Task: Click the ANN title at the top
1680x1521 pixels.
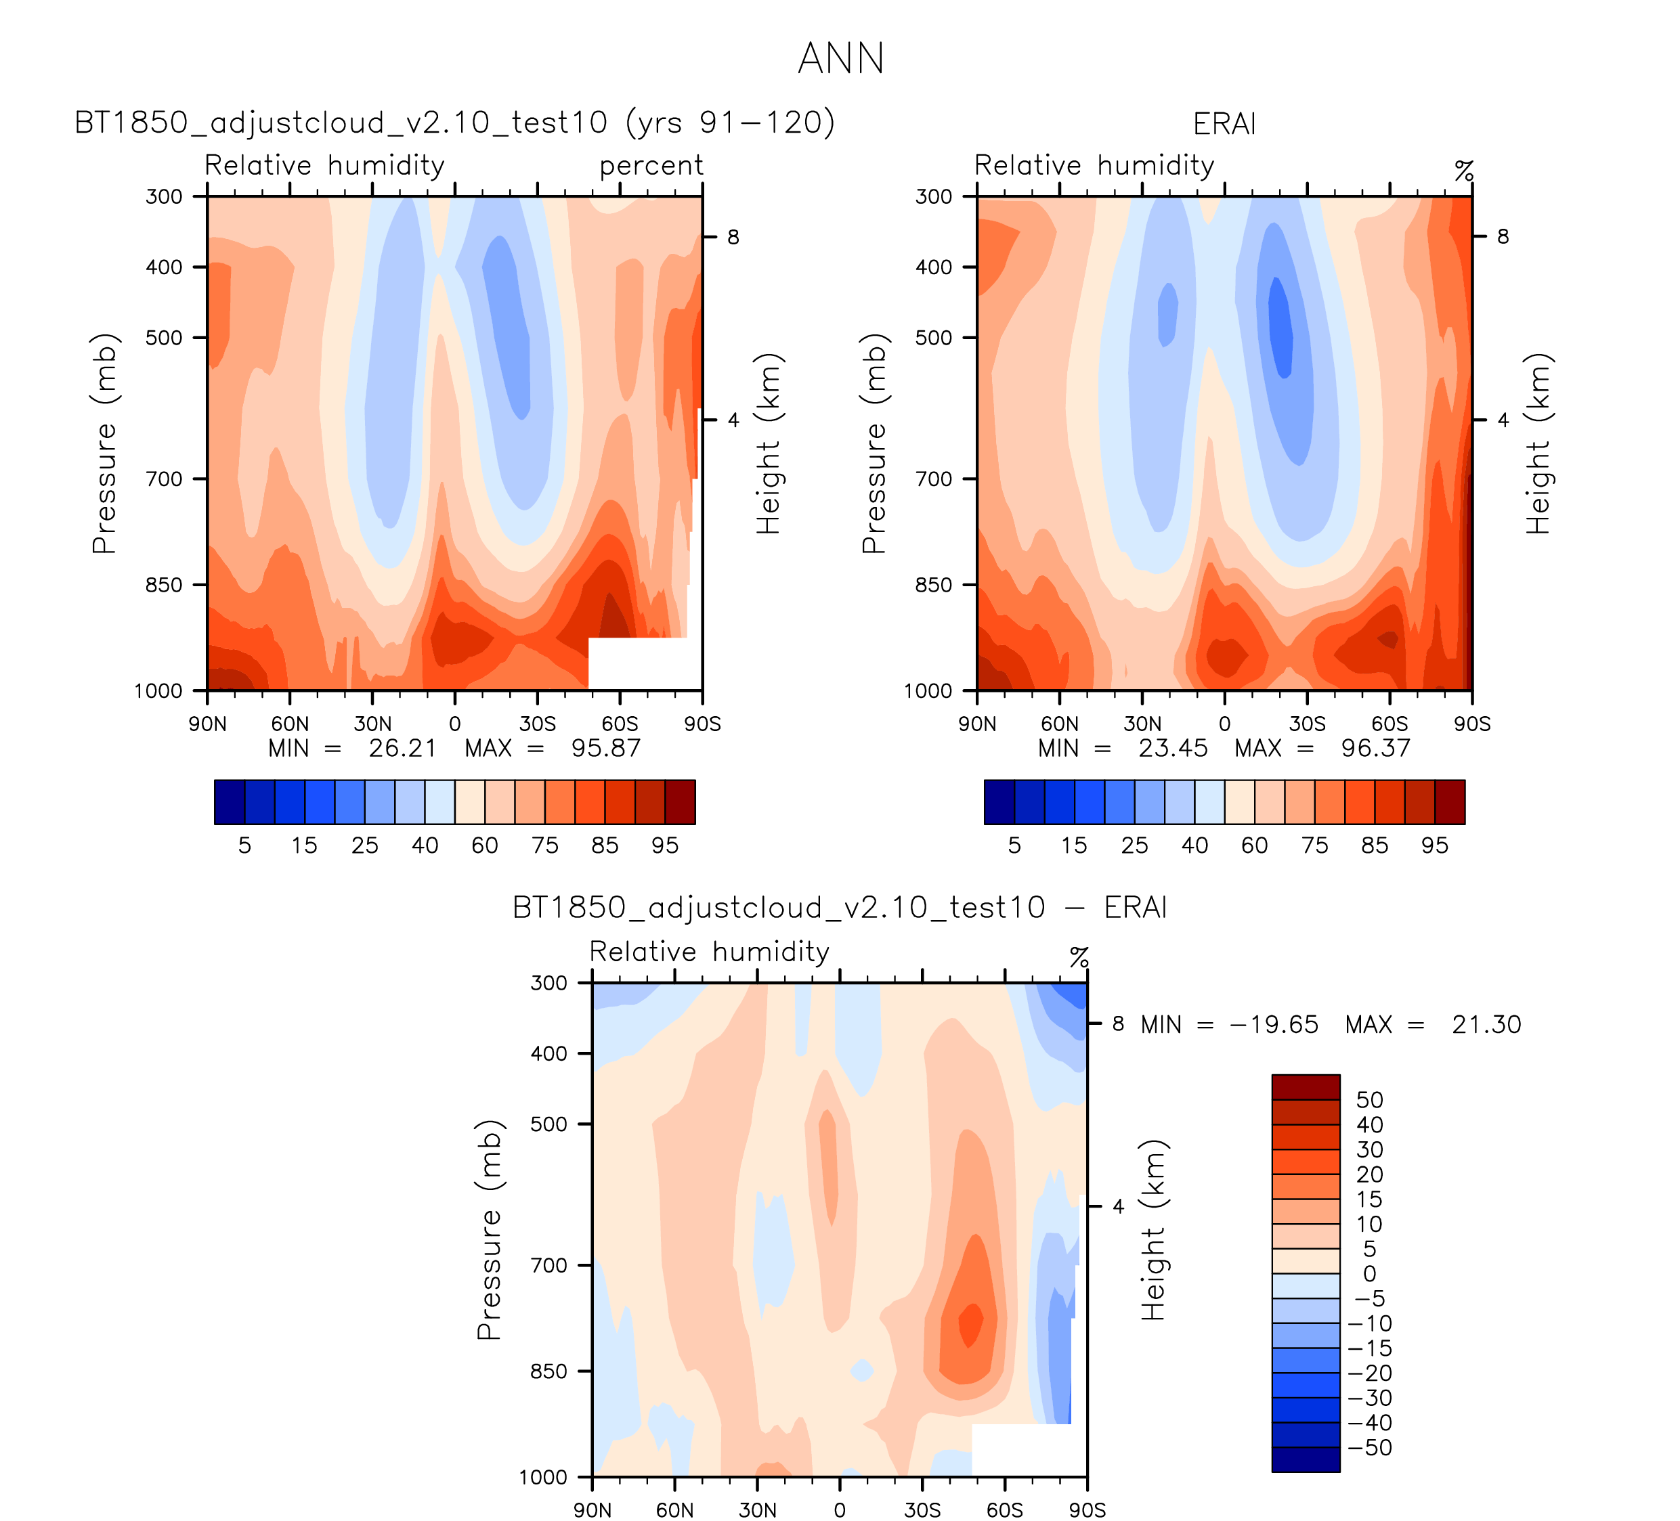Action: coord(840,59)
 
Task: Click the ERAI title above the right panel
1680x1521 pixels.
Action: coord(1224,124)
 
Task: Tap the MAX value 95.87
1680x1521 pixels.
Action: coord(606,748)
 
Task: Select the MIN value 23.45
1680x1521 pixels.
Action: coord(1173,748)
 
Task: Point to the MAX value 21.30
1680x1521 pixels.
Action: coord(1486,1025)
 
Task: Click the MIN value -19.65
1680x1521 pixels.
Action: coord(1274,1025)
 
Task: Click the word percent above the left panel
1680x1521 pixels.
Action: coord(651,166)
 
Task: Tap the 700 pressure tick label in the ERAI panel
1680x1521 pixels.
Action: coord(933,479)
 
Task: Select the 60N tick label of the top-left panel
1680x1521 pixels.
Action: coord(289,724)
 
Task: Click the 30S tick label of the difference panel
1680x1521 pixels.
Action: coord(922,1510)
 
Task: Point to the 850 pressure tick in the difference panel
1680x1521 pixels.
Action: coord(548,1371)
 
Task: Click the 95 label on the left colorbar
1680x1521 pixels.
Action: coord(665,845)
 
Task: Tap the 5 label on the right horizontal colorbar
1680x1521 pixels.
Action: coord(1014,845)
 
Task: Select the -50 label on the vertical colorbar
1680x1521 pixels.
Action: coord(1369,1448)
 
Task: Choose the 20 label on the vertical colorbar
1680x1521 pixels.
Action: coord(1369,1174)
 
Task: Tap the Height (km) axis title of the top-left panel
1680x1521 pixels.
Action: coord(767,443)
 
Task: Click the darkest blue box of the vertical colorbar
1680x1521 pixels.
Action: coord(1305,1459)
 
